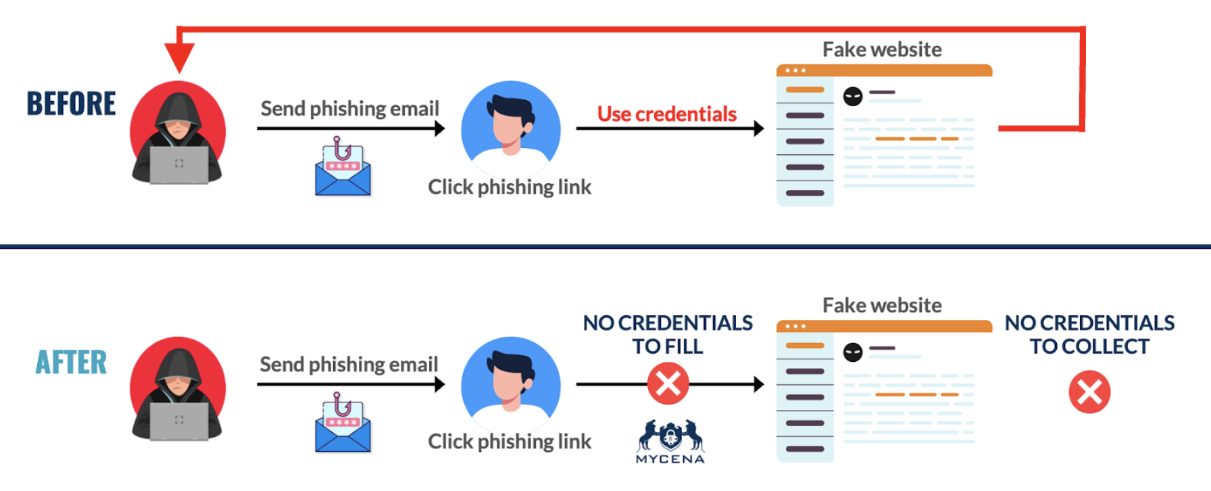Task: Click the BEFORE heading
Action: click(71, 104)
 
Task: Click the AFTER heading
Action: click(71, 363)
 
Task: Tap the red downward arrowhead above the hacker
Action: click(180, 57)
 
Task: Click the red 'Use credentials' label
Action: click(666, 114)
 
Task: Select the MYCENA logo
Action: click(670, 441)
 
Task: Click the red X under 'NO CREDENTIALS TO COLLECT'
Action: click(1089, 392)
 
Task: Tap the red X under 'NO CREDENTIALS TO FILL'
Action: click(668, 384)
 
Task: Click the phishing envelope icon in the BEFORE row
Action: click(343, 168)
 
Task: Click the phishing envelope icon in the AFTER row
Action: click(343, 424)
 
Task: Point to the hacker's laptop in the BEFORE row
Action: click(179, 164)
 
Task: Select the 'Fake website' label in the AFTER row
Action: click(882, 306)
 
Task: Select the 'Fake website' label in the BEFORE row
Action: click(882, 50)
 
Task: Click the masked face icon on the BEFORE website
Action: click(853, 97)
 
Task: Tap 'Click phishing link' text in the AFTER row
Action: click(510, 442)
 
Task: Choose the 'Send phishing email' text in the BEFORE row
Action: click(349, 109)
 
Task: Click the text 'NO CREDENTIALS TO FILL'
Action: click(668, 334)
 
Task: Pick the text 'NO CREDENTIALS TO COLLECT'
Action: click(1089, 334)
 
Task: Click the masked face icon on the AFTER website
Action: click(853, 352)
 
